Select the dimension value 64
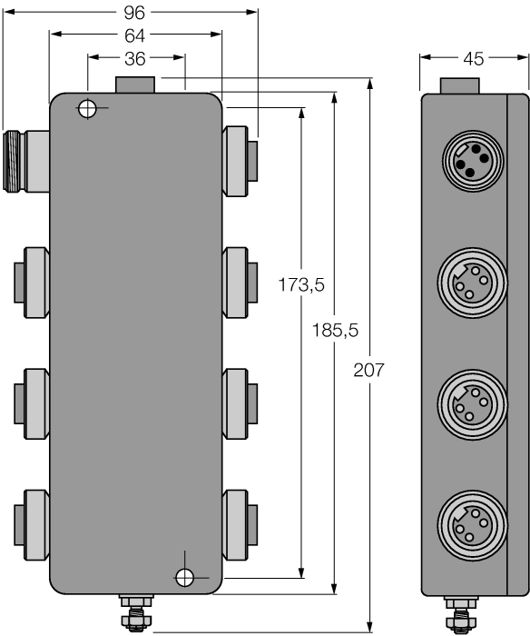click(135, 35)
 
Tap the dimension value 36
click(136, 58)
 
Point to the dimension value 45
click(473, 59)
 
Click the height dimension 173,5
click(301, 285)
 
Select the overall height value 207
click(370, 371)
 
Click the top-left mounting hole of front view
click(87, 109)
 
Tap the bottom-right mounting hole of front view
click(184, 576)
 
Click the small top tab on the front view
click(136, 84)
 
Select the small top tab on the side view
click(457, 85)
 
